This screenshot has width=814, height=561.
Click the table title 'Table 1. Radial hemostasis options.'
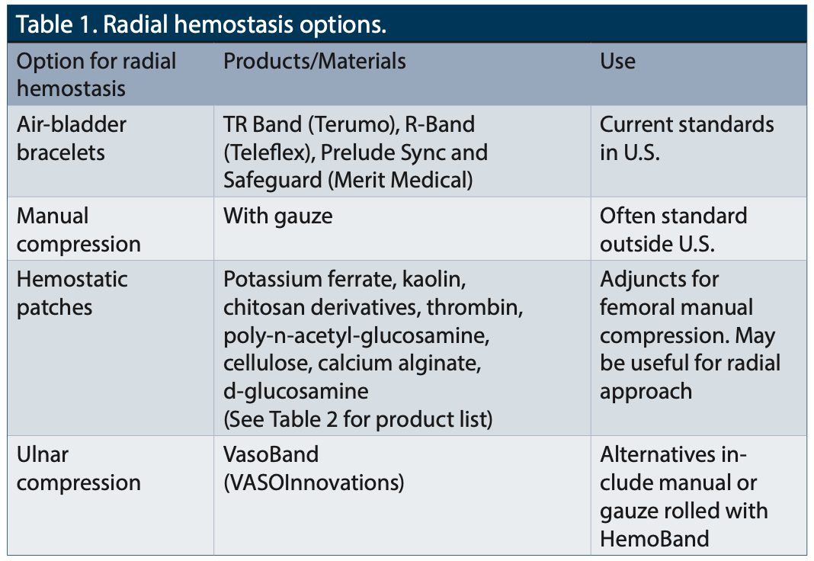click(201, 24)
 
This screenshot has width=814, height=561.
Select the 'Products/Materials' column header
click(314, 61)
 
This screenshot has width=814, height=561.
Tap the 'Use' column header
click(617, 61)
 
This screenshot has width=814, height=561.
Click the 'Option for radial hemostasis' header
click(96, 75)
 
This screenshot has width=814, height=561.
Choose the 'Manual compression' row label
click(79, 230)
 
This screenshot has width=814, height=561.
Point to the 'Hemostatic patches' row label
click(72, 293)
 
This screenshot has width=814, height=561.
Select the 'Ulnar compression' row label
click(79, 469)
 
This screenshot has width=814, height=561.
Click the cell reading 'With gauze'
click(277, 216)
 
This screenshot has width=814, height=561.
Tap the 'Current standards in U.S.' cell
click(686, 139)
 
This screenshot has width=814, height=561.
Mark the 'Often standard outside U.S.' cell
click(673, 230)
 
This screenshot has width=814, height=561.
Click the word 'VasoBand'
click(271, 455)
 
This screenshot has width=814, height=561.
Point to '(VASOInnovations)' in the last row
click(313, 482)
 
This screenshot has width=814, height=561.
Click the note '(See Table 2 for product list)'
click(357, 419)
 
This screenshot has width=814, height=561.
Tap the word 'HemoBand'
click(654, 539)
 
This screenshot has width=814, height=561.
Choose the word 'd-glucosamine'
click(296, 392)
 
